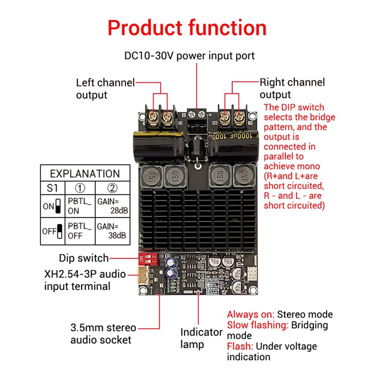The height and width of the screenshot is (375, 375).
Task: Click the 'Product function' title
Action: (x=187, y=28)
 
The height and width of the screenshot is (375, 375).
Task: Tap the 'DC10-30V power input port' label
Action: (x=189, y=56)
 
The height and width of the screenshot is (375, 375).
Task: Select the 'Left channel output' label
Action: (x=105, y=88)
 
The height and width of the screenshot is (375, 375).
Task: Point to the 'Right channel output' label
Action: (x=292, y=88)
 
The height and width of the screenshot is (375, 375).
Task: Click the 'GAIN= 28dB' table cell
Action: (x=112, y=206)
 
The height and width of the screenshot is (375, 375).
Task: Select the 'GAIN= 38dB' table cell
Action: (x=112, y=231)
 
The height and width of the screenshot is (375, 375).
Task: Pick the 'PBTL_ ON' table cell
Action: (x=79, y=206)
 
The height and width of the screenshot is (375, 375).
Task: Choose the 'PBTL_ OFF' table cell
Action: (x=79, y=231)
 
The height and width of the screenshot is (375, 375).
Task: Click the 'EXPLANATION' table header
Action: (x=85, y=173)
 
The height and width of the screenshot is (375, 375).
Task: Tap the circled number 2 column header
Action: (x=112, y=189)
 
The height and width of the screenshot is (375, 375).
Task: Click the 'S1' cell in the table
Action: (x=52, y=189)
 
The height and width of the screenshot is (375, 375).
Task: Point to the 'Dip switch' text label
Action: (x=84, y=258)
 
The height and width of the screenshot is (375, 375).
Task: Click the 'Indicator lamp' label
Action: (x=201, y=338)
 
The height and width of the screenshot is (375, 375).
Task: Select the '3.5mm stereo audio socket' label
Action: (x=103, y=333)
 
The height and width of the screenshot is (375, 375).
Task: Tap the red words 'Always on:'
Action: (x=250, y=314)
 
